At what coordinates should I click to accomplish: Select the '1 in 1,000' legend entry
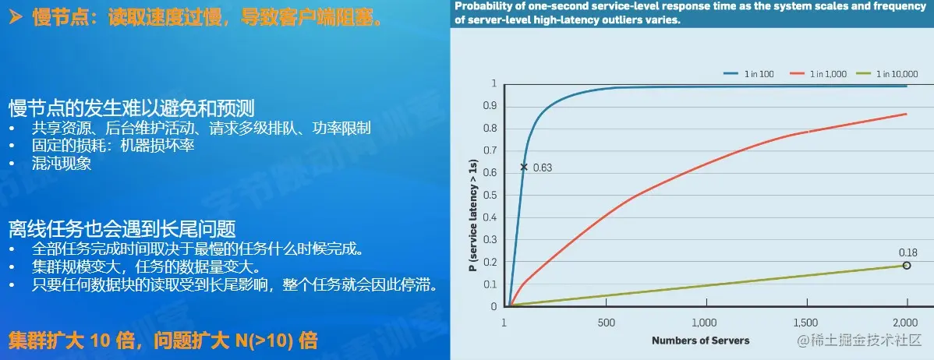pos(827,73)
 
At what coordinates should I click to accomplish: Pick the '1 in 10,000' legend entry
pos(897,73)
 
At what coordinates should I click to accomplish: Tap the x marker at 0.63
pos(524,167)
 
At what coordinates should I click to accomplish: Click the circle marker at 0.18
pos(907,266)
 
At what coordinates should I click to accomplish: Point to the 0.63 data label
pos(542,168)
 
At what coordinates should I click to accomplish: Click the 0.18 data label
pos(907,252)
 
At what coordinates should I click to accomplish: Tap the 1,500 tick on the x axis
pos(805,323)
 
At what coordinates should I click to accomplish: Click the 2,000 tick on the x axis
pos(905,323)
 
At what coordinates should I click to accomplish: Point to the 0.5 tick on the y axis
pos(490,195)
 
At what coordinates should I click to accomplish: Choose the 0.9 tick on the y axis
pos(490,106)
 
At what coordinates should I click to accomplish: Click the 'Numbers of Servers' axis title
pos(700,340)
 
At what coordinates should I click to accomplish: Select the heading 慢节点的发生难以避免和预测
pos(132,108)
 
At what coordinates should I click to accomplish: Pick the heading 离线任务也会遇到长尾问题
pos(122,228)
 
